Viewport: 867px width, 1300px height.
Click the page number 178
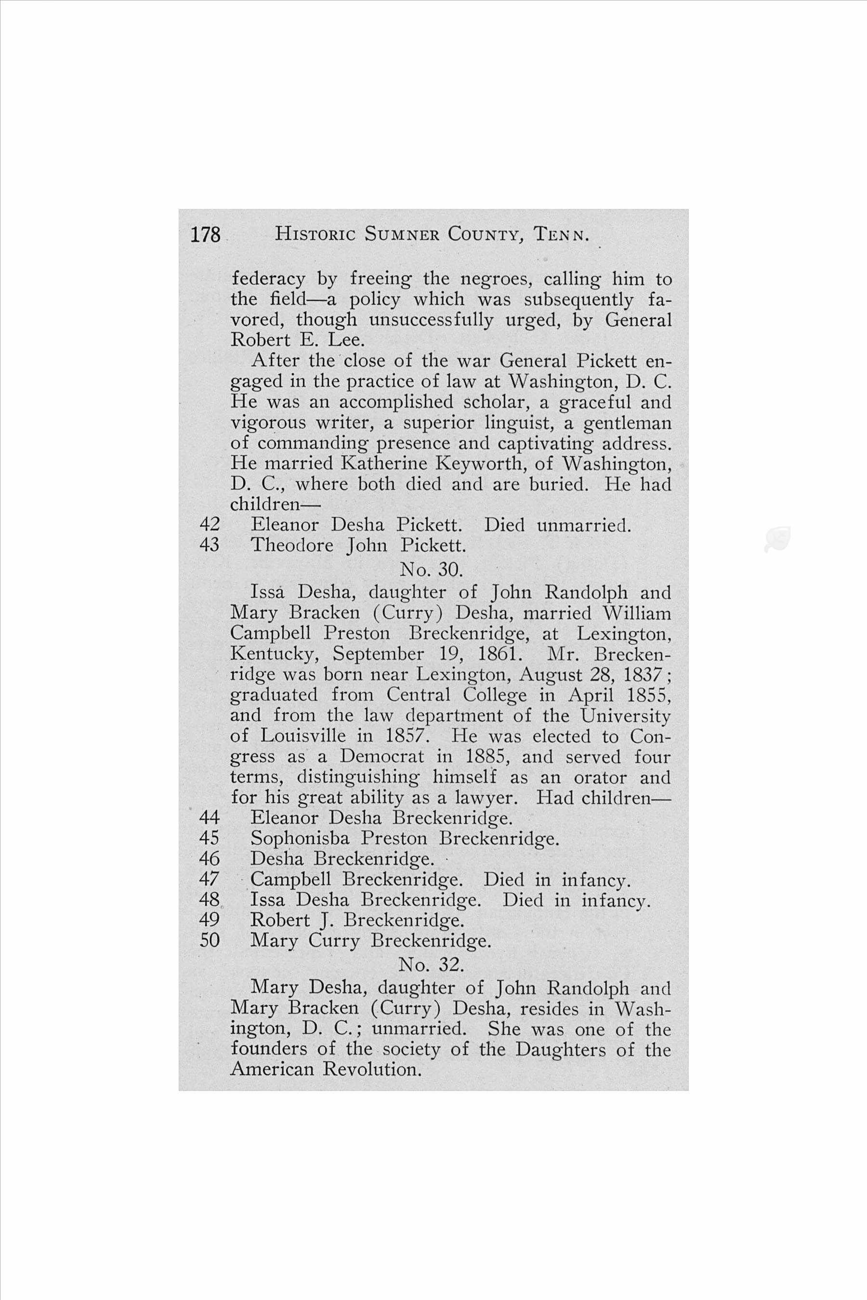coord(206,235)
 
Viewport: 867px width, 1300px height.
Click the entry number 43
coord(210,546)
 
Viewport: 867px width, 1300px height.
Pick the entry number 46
coord(210,858)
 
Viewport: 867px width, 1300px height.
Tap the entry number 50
coord(210,940)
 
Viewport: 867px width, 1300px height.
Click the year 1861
coord(503,654)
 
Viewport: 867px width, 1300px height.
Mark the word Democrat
coord(382,756)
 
